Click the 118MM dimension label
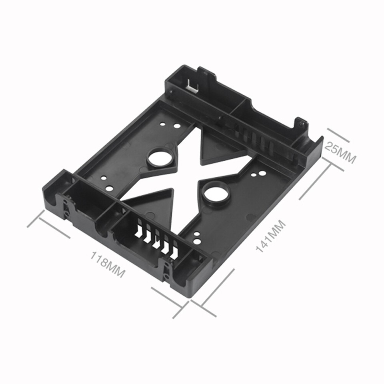pos(108,264)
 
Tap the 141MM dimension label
pos(271,236)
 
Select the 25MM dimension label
pos(340,152)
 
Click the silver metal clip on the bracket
pos(192,85)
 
